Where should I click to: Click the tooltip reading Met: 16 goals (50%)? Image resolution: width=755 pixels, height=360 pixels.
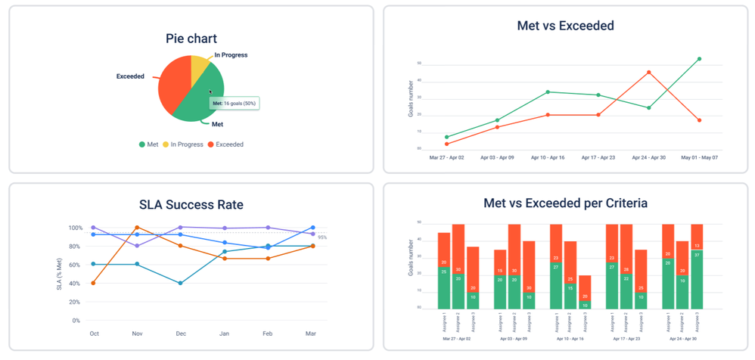(x=234, y=103)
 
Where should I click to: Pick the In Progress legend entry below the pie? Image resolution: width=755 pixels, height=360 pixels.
(x=183, y=144)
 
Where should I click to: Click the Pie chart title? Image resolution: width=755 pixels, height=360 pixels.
(x=191, y=39)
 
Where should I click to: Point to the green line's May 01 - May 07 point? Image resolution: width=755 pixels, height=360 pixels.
(x=699, y=58)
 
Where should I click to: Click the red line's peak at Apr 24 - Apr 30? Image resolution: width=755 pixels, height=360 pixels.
(x=648, y=72)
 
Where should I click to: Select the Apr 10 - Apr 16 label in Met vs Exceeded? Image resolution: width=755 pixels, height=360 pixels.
(x=547, y=157)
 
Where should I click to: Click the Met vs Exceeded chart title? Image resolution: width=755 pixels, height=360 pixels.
(x=565, y=26)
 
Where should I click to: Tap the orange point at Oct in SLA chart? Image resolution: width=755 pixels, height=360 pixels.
(x=94, y=283)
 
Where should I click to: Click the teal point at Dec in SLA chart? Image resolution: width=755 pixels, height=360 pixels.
(x=181, y=283)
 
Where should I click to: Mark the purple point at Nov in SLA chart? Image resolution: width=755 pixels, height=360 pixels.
(x=137, y=246)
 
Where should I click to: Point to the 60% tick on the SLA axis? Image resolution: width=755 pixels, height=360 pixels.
(x=75, y=265)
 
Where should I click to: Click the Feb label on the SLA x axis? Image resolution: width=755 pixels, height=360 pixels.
(x=268, y=333)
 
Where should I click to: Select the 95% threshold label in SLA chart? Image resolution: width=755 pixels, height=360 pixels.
(x=322, y=237)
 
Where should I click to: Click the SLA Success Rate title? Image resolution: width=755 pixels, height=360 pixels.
(x=191, y=204)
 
